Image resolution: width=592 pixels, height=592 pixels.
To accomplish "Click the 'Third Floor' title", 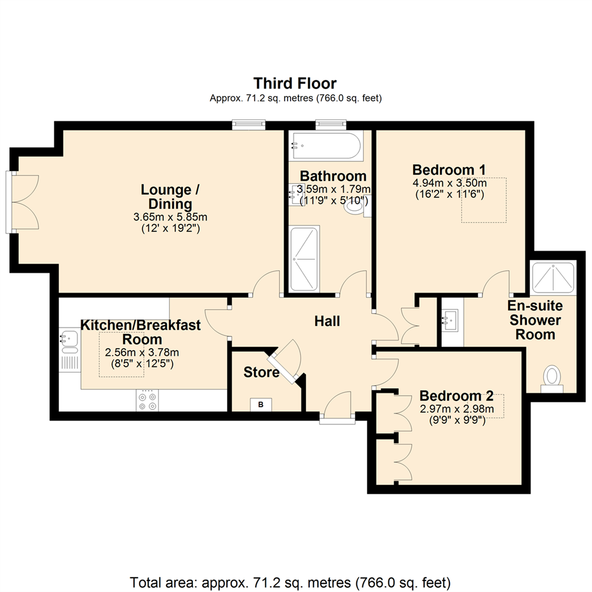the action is click(x=295, y=83).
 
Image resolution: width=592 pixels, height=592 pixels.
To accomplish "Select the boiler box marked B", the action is click(x=260, y=405).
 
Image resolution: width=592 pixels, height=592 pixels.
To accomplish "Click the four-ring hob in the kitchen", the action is click(x=147, y=401).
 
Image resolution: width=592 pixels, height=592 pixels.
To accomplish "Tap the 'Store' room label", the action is click(x=261, y=372).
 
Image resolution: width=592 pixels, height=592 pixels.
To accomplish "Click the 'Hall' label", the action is click(x=327, y=321).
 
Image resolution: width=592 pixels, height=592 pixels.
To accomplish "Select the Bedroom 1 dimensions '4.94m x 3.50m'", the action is click(x=449, y=184).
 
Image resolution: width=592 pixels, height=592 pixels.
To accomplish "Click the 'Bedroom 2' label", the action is click(x=457, y=396).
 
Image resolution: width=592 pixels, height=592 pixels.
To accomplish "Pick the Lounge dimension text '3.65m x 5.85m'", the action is click(x=170, y=217).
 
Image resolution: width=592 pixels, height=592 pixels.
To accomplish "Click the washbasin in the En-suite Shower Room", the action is click(x=450, y=321).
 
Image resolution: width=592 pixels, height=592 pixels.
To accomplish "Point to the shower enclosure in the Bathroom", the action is click(x=304, y=259).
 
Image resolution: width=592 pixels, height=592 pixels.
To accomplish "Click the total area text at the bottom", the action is click(x=290, y=582).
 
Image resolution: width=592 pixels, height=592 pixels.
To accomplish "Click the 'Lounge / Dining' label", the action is click(x=170, y=196).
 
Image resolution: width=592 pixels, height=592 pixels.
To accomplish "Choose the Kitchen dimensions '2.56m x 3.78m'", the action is click(x=142, y=352).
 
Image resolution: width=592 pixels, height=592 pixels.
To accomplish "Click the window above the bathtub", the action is click(x=331, y=124).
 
